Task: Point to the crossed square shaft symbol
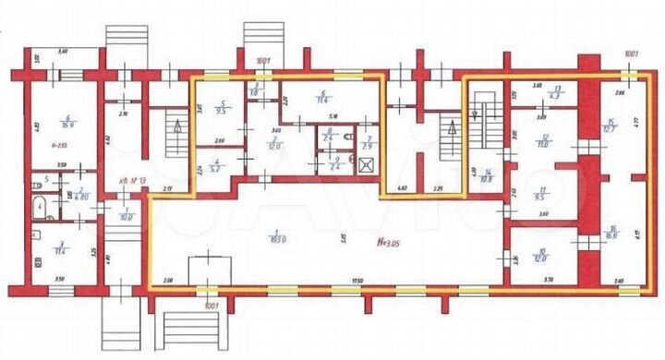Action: [368, 167]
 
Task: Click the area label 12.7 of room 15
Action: [611, 128]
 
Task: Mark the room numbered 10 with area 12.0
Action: [543, 256]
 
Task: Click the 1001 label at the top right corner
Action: [631, 54]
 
